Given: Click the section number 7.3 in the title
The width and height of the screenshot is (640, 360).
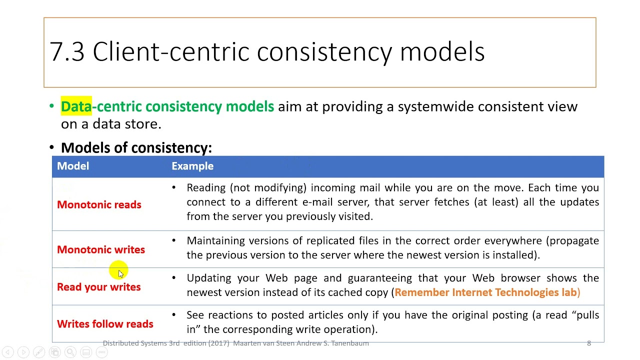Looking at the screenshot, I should coord(67,52).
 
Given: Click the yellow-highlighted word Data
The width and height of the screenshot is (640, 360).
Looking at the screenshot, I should coord(76,106).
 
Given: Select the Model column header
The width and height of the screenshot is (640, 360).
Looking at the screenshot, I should coord(73,166).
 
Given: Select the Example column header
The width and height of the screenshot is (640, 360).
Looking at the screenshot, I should coord(192,166).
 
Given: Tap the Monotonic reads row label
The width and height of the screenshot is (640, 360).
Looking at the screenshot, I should coord(99,205).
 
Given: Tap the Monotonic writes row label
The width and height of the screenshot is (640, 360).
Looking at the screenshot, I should coord(101,250).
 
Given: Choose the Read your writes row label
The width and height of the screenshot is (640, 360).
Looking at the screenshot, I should coord(98,287).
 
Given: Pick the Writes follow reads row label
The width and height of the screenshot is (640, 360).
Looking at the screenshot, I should coord(105,324).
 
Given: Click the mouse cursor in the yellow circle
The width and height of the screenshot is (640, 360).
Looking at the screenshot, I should coord(120,273).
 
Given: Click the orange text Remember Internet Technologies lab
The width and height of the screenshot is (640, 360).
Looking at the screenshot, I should coord(485,292).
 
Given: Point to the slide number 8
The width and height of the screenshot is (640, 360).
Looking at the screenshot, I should coord(588,343).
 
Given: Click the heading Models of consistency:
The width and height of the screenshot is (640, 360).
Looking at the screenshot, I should coord(136,148).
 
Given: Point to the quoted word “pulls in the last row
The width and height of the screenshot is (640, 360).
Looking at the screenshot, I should coord(585,315).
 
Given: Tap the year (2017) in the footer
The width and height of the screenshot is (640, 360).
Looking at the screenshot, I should coord(217,343).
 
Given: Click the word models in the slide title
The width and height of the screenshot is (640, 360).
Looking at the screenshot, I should coord(442,52).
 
